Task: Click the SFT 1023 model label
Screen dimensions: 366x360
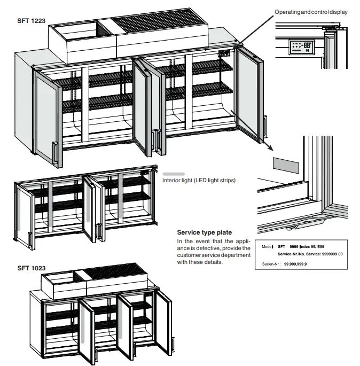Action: pyautogui.click(x=32, y=268)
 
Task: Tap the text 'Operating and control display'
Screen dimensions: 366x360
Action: pyautogui.click(x=311, y=12)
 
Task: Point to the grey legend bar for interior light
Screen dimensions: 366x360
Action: pyautogui.click(x=173, y=174)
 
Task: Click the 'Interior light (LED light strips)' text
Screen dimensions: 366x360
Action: pyautogui.click(x=199, y=181)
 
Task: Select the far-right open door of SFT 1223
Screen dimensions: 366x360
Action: pyautogui.click(x=249, y=96)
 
